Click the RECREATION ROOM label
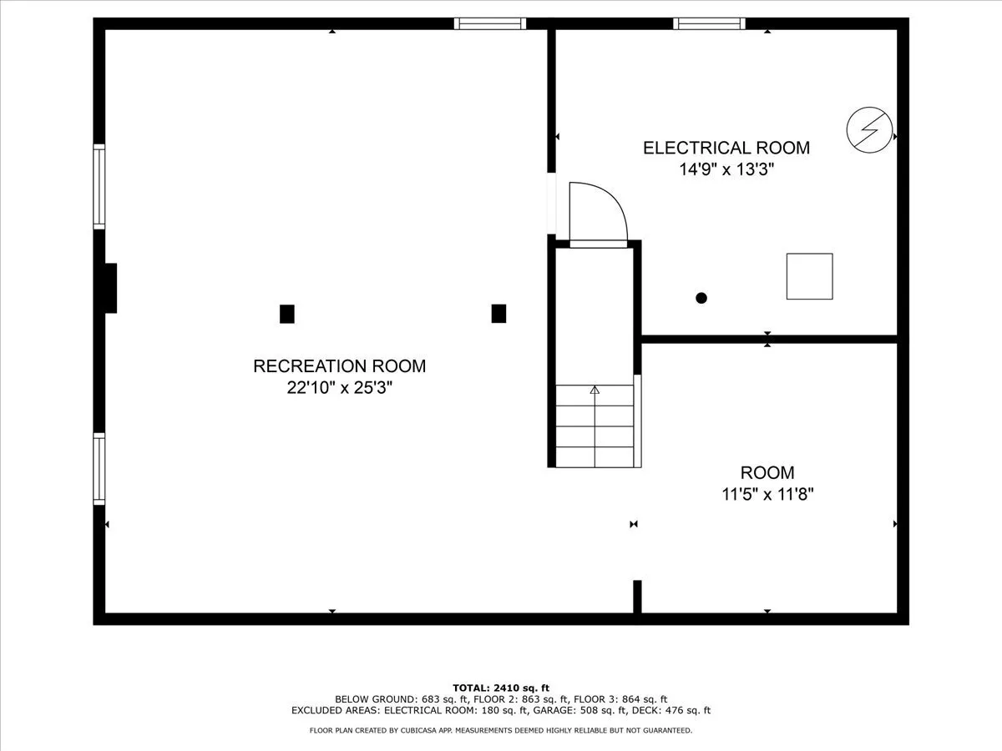point(339,366)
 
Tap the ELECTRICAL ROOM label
point(726,148)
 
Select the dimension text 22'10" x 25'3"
point(339,388)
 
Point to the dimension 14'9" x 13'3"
point(726,169)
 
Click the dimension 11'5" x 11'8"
point(767,494)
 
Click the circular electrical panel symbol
point(869,130)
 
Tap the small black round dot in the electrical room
point(701,298)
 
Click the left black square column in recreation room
point(286,314)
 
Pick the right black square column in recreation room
point(498,314)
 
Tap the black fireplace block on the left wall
point(110,288)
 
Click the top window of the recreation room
point(490,23)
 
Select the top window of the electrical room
point(709,23)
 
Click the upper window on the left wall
point(99,186)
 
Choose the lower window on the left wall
point(99,469)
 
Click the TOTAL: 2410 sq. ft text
point(501,688)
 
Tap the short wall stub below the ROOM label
point(637,597)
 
